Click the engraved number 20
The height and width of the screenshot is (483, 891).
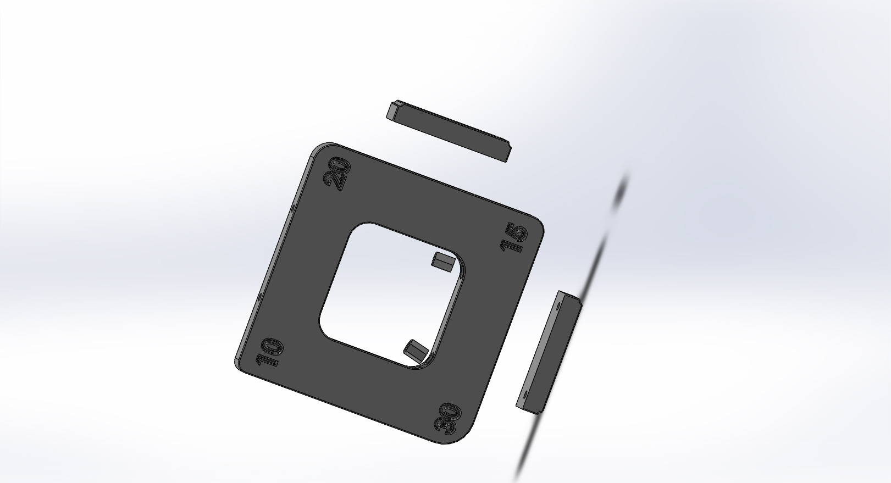click(336, 174)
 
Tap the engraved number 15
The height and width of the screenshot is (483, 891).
click(513, 237)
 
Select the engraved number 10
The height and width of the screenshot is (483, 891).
click(269, 352)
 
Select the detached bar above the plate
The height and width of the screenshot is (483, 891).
click(449, 131)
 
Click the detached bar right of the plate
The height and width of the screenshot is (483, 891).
click(549, 352)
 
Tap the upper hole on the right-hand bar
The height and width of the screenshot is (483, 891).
click(558, 307)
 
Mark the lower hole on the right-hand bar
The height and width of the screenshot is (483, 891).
click(525, 395)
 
